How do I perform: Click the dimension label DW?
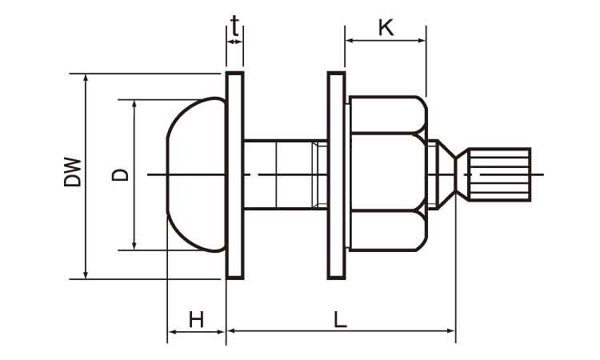point(73,171)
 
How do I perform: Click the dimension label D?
point(120,175)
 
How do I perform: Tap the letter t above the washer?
point(235,26)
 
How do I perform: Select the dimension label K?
point(386,27)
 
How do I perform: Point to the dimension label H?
point(196,320)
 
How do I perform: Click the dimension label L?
point(340,320)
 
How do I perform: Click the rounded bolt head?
point(196,175)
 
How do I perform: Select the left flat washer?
point(235,175)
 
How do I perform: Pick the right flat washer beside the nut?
point(336,175)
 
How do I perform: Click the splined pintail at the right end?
point(499,174)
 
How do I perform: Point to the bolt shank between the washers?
point(286,175)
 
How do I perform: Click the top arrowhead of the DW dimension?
point(86,78)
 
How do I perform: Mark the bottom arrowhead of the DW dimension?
point(86,274)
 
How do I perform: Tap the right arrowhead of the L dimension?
point(450,330)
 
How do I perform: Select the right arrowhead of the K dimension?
point(422,40)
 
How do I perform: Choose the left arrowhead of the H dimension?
point(172,332)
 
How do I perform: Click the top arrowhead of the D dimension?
point(134,105)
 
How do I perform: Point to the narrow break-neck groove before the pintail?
point(456,174)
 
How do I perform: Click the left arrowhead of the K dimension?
point(350,40)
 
